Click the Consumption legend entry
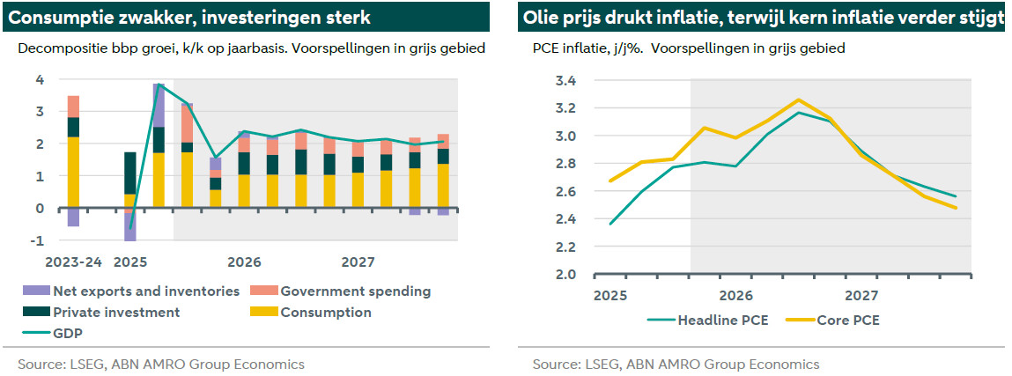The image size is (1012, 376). coord(325,312)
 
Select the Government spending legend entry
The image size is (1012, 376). coord(355,291)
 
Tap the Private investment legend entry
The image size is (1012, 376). coord(116,312)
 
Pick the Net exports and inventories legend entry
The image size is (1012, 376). coord(145,291)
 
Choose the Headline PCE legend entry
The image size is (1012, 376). coord(722,320)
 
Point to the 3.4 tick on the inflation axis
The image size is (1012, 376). coord(565,81)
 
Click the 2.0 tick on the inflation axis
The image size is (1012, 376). coord(565,275)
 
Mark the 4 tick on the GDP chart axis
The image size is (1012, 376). coord(40,80)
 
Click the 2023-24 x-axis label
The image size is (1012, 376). coord(72,262)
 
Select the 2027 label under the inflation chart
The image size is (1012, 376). coord(860,294)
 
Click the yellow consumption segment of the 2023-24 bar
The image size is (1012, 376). coord(73,173)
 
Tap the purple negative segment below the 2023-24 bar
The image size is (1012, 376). coord(73,217)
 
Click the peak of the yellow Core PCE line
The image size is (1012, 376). coord(798,100)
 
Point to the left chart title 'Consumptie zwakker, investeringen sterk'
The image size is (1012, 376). coord(189,18)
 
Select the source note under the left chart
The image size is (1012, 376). coord(161,364)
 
